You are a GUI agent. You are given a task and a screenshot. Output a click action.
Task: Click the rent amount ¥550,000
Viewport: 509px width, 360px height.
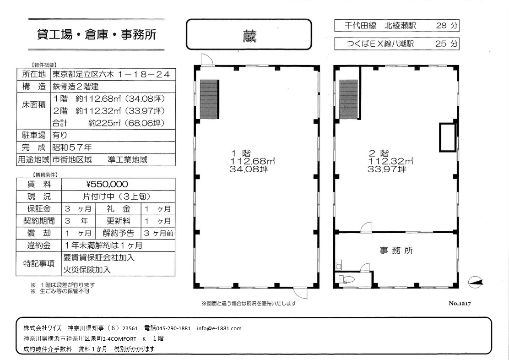tap(108, 184)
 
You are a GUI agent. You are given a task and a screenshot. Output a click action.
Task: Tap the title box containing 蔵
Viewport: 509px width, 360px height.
tap(249, 34)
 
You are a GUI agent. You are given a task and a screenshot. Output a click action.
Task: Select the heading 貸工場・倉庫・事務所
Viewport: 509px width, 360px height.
tap(97, 34)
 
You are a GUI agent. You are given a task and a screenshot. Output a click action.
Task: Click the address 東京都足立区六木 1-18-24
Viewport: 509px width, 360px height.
tap(111, 74)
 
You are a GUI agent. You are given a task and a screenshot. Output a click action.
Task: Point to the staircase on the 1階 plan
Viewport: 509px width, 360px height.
tap(209, 99)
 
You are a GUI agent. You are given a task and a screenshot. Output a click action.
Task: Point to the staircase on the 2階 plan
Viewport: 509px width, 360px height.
tap(348, 99)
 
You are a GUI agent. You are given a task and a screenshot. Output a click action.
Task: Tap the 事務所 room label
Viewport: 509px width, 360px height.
tap(396, 250)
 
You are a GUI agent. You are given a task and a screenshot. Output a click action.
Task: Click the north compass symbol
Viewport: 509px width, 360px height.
tap(476, 282)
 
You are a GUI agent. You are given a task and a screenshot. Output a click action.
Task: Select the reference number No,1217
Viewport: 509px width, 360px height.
tap(460, 304)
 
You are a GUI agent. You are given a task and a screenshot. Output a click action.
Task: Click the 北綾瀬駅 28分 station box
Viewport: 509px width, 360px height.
tap(397, 26)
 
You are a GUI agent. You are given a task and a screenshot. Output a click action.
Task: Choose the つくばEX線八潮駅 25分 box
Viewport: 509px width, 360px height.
tap(397, 44)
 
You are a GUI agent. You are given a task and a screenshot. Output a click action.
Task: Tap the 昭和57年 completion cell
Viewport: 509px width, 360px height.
tap(72, 147)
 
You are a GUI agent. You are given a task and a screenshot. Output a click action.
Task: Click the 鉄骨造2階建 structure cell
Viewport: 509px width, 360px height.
tap(76, 87)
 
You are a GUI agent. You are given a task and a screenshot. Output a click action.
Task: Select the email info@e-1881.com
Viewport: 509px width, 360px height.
tap(219, 328)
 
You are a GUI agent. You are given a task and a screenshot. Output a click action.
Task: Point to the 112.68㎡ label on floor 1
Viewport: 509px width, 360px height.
tap(253, 161)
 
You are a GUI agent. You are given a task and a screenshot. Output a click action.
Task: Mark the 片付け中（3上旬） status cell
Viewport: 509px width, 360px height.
tap(116, 196)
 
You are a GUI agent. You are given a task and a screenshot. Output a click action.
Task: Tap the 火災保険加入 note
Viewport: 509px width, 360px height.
tap(87, 270)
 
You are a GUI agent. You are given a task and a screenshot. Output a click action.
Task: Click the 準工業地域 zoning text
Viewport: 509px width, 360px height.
tap(128, 159)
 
